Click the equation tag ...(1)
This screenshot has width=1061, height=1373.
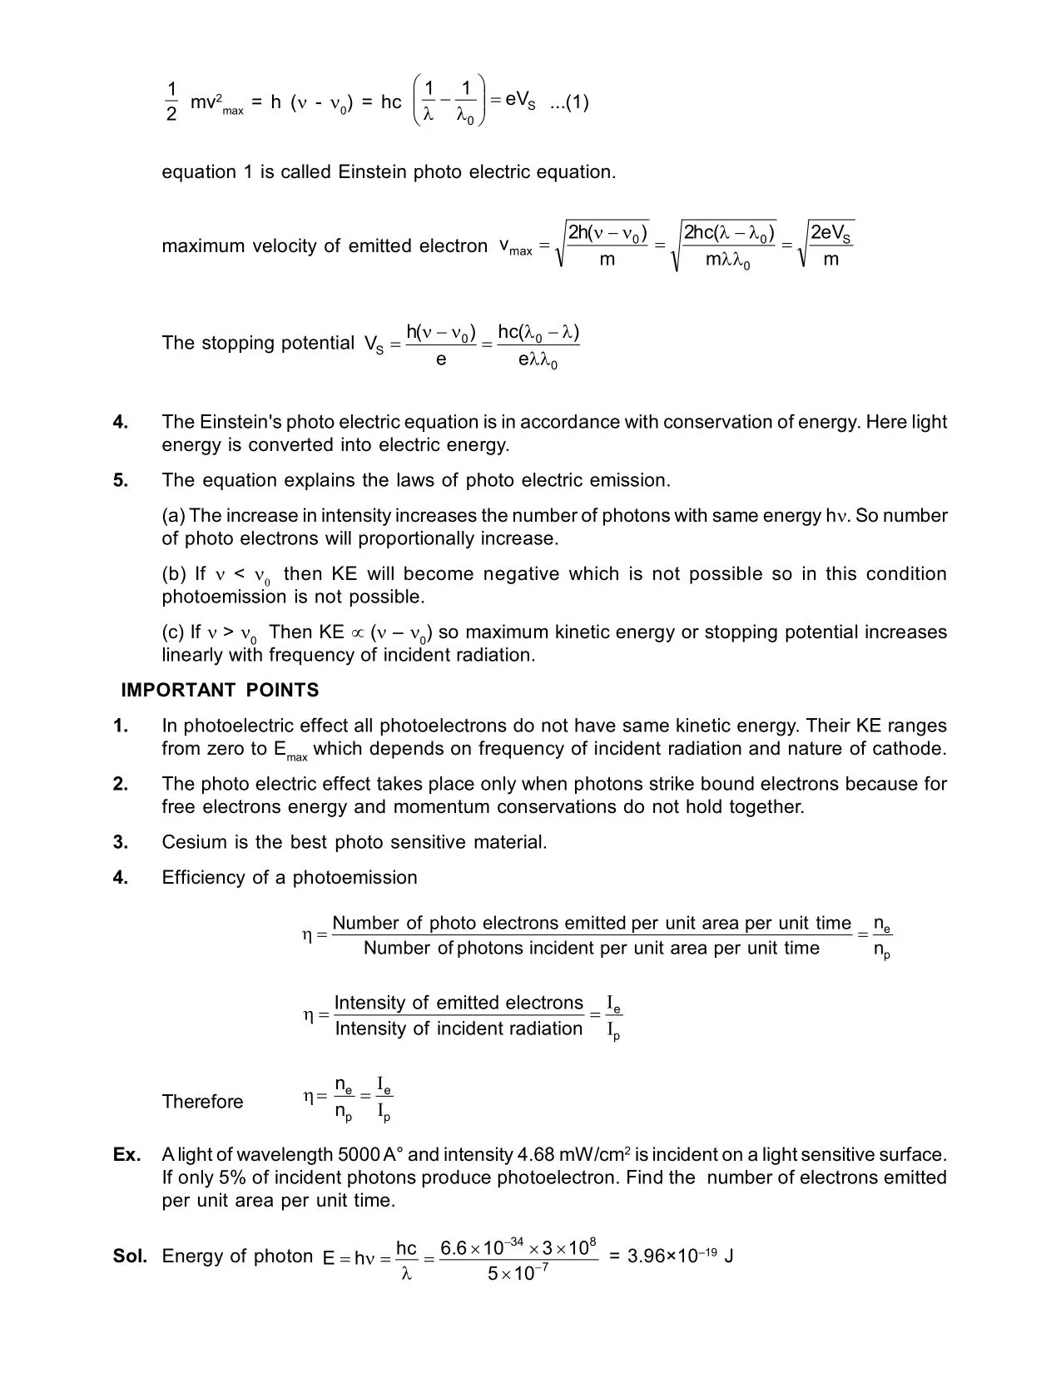569,102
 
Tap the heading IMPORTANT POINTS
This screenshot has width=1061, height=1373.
220,691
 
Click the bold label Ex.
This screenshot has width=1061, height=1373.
126,1155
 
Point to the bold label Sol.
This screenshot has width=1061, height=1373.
130,1256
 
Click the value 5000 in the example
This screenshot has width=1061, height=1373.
359,1155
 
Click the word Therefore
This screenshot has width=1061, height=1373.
202,1102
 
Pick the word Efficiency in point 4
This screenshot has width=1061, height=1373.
199,878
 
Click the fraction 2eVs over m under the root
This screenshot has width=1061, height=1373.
830,246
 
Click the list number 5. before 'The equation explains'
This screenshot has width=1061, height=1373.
121,480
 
